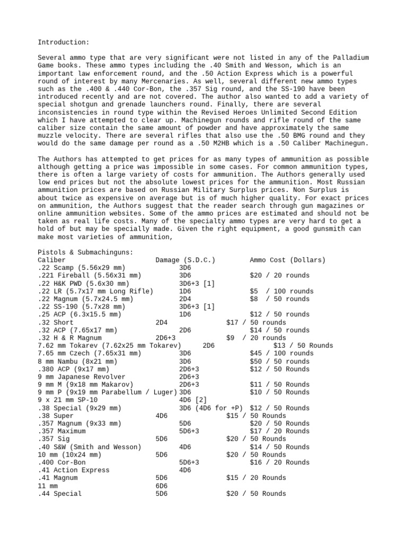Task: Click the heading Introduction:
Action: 64,42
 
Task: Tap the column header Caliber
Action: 52,260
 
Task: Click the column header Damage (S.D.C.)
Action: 185,260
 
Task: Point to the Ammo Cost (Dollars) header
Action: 288,260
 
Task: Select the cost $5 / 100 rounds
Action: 281,291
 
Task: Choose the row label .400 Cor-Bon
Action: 61,462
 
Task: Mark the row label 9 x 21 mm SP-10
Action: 68,400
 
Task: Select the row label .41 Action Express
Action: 74,470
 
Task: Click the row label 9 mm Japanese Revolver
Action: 79,376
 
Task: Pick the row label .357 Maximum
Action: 61,431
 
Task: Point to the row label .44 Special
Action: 60,494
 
